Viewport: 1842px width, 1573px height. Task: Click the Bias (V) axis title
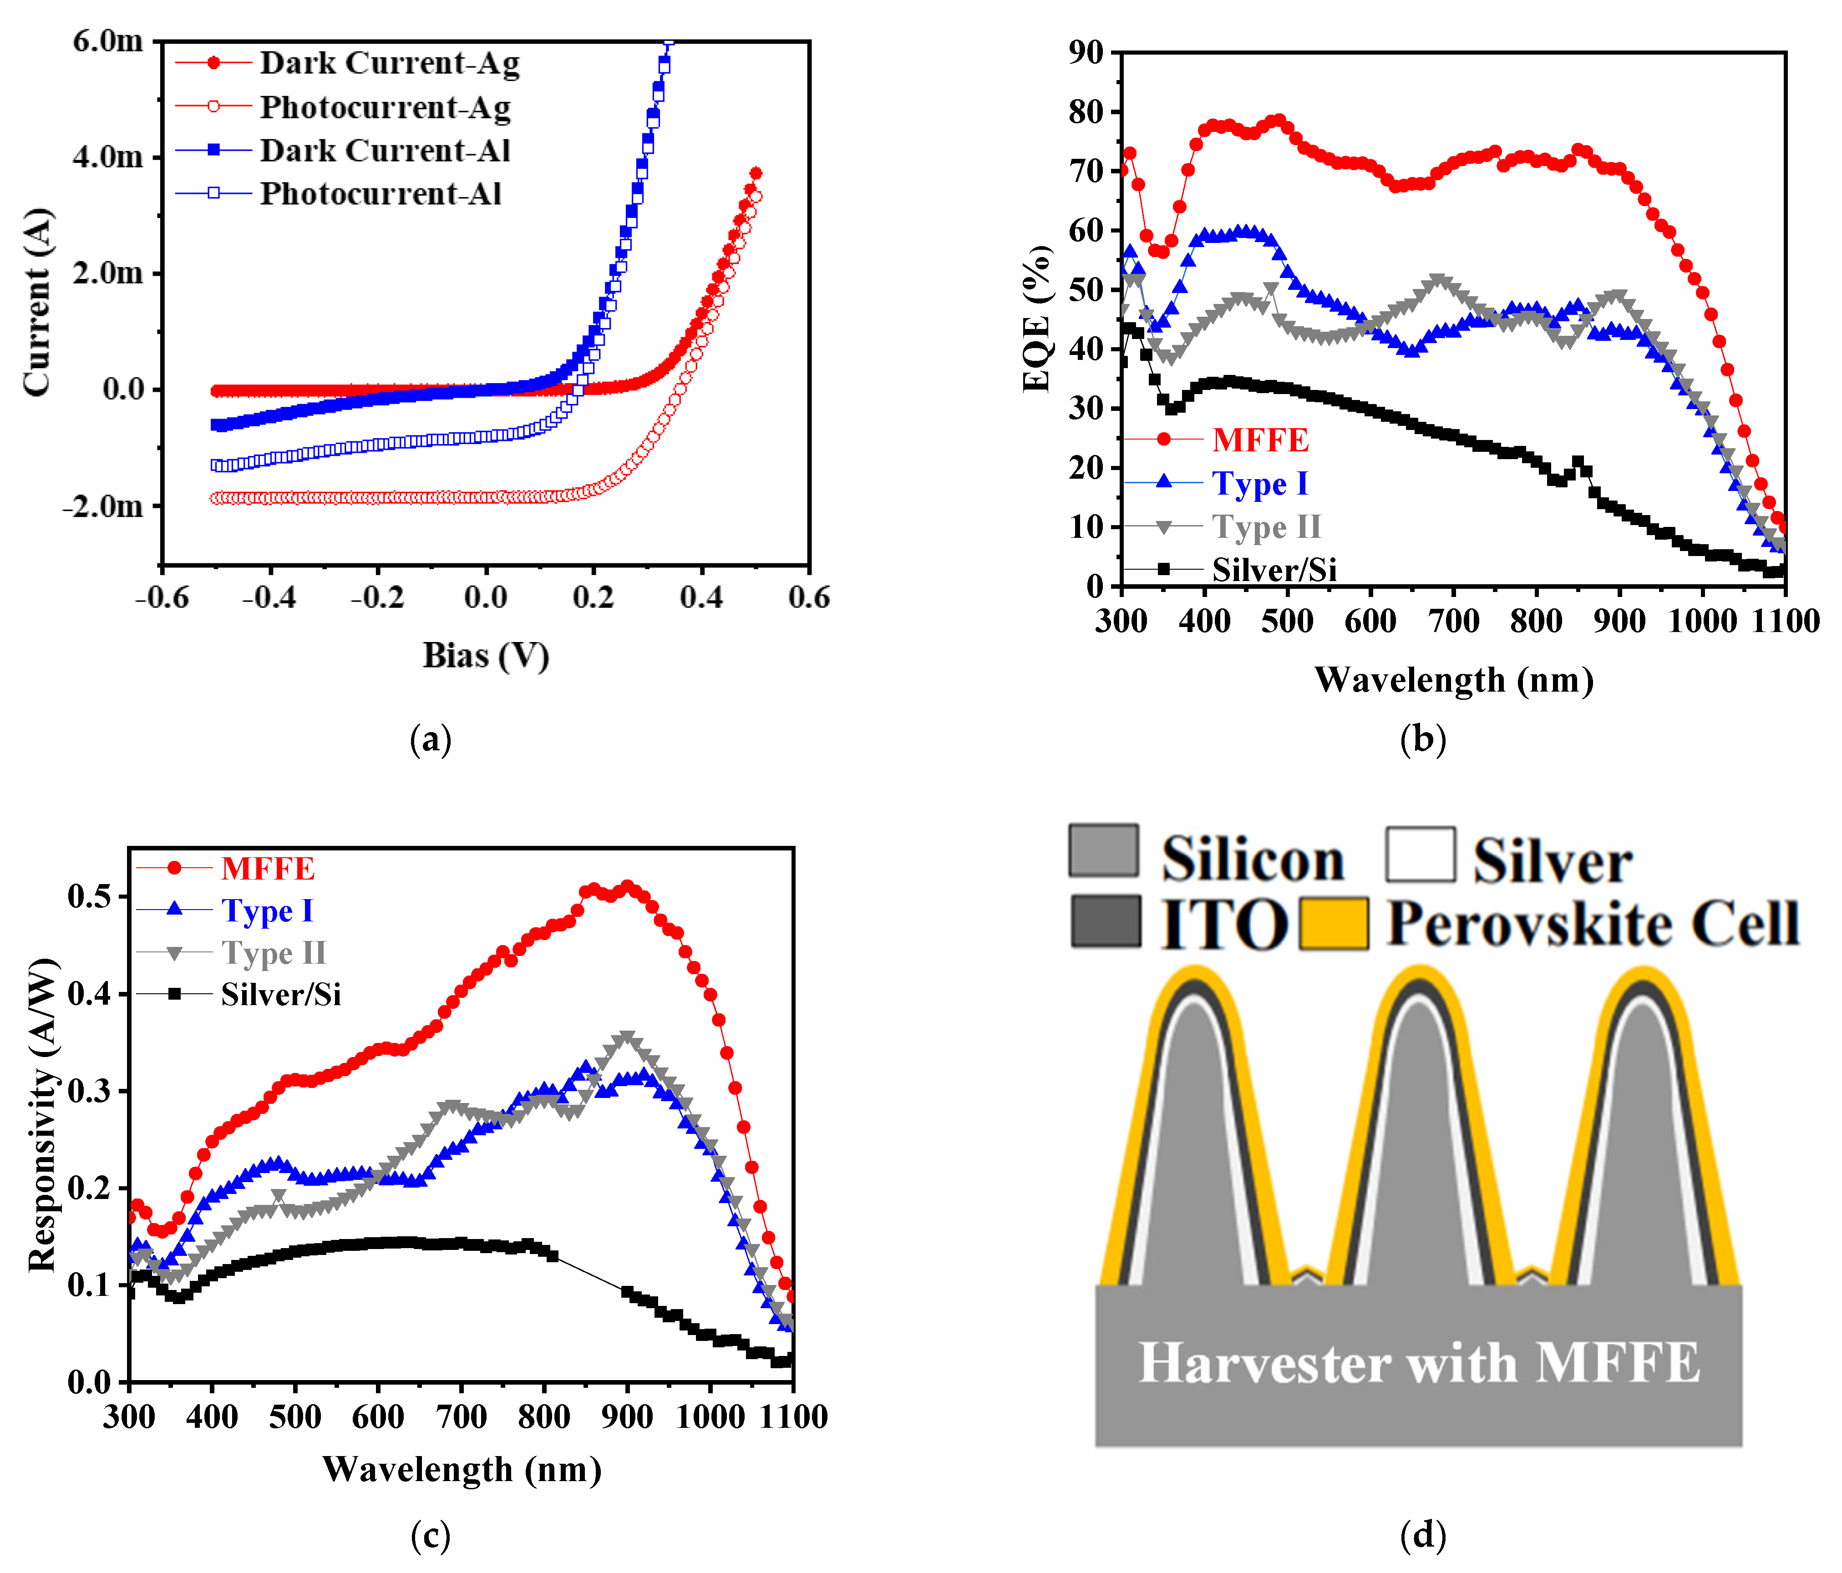click(x=485, y=656)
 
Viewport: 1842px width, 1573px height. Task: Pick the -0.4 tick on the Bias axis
click(x=269, y=597)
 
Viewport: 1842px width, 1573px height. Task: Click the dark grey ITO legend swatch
click(x=1105, y=921)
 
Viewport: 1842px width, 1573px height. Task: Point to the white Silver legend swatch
click(x=1420, y=854)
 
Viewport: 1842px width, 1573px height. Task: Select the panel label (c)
click(x=430, y=1535)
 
